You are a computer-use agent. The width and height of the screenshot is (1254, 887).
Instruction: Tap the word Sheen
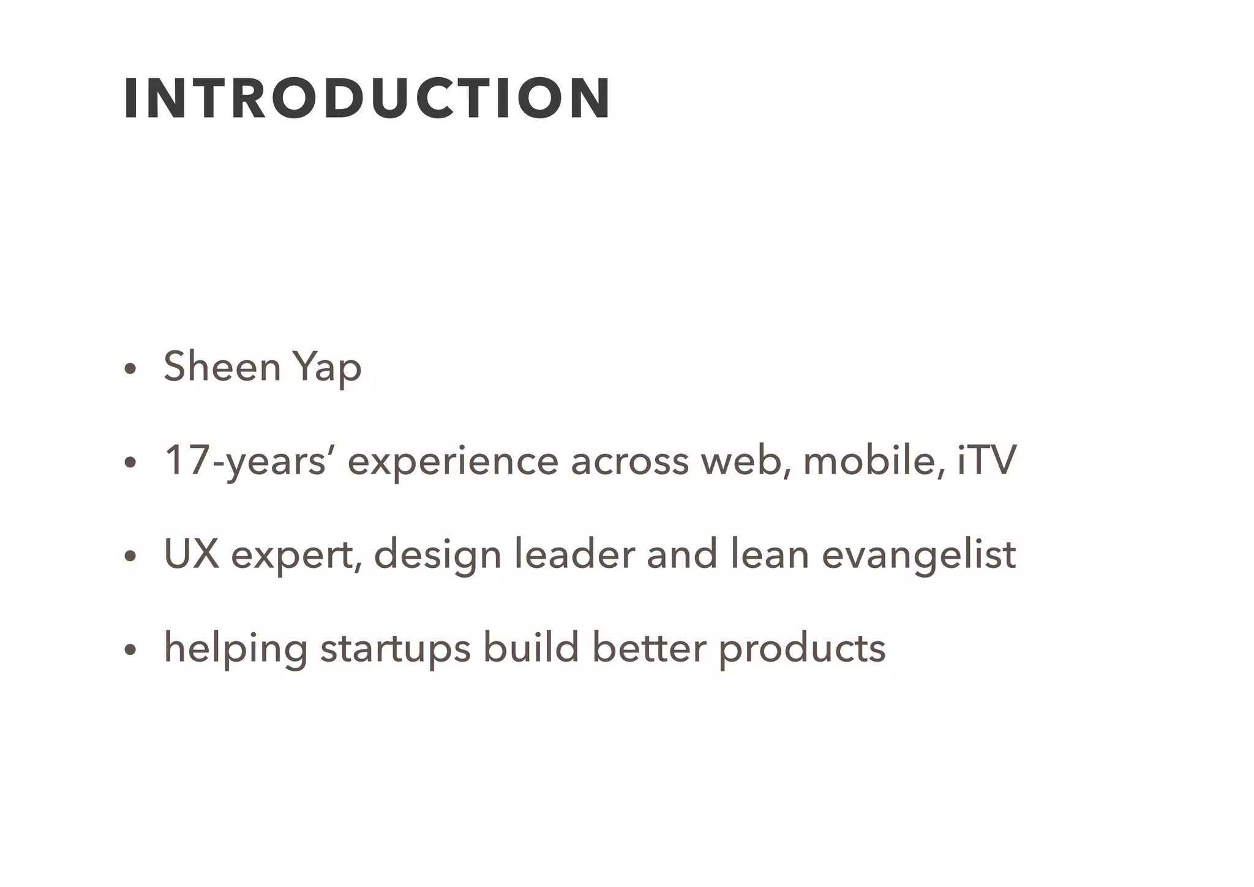click(222, 367)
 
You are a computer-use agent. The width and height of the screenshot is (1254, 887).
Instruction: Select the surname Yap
click(327, 368)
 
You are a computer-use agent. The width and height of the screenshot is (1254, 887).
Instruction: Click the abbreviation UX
click(191, 554)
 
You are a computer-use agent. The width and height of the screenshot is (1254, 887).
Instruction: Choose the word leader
click(574, 554)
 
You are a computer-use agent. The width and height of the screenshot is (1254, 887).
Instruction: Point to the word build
click(531, 647)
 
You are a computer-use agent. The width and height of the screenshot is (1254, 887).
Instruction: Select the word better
click(650, 647)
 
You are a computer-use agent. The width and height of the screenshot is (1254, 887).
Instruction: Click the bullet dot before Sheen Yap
click(129, 369)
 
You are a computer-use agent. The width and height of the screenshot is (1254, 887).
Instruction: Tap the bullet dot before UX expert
click(129, 556)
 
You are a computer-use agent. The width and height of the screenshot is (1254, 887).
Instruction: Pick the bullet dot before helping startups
click(129, 650)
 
